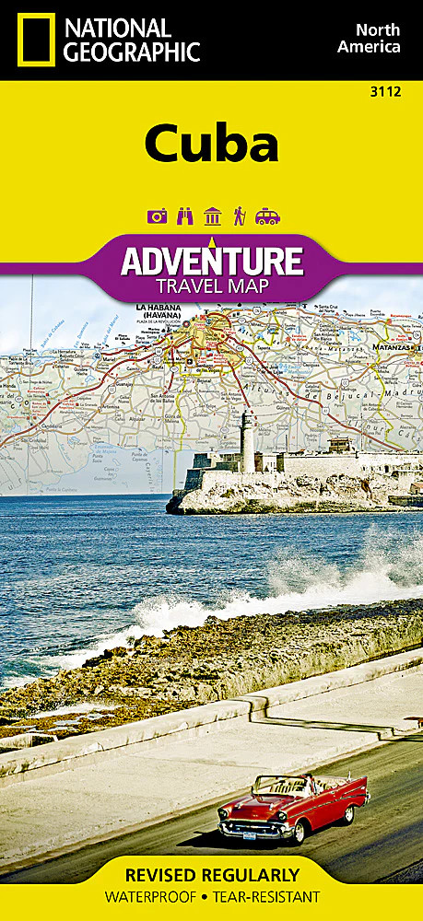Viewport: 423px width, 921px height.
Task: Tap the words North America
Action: pos(368,38)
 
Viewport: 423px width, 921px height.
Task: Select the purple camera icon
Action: pos(157,216)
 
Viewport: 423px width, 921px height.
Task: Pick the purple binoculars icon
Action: pos(184,216)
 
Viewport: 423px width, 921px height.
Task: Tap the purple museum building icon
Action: pos(212,216)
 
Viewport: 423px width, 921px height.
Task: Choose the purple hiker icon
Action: pos(239,216)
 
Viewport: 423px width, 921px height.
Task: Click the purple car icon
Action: pos(267,216)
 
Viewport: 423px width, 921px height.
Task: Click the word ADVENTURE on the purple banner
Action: pos(212,262)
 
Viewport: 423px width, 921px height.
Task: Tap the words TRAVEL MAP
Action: pos(212,286)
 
